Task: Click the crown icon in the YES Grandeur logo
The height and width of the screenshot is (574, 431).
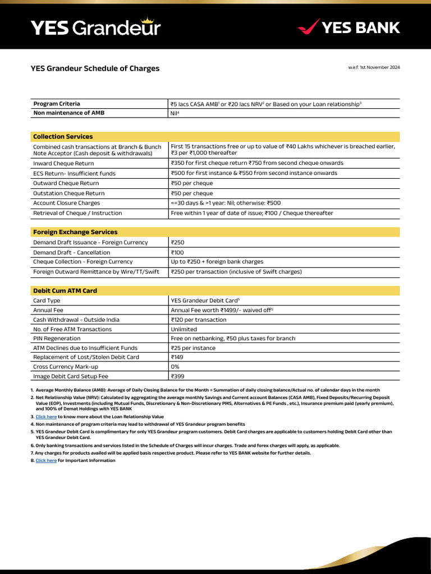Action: tap(148, 20)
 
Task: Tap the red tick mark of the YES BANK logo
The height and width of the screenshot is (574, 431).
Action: tap(308, 27)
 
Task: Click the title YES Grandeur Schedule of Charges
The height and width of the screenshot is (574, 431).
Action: tap(95, 68)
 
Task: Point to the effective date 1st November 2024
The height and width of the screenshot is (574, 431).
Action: tap(374, 67)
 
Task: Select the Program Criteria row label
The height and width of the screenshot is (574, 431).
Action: tap(57, 104)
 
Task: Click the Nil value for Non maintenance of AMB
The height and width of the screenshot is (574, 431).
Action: tap(175, 113)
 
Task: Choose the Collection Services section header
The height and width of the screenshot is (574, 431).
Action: tap(63, 137)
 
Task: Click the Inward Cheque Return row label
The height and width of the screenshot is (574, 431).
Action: tap(63, 163)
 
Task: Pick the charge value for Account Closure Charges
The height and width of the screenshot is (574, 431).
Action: tap(226, 203)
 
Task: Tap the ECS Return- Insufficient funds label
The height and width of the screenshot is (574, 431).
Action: tap(74, 173)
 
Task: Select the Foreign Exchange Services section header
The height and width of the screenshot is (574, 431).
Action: tap(75, 232)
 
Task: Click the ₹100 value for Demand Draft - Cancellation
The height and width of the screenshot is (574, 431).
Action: tap(177, 252)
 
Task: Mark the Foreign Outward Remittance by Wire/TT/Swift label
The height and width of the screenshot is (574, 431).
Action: tap(96, 272)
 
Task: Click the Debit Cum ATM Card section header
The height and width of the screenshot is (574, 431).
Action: tap(65, 291)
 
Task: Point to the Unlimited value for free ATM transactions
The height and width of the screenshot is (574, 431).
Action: tap(184, 329)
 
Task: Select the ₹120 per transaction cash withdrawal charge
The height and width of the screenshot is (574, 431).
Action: tap(198, 320)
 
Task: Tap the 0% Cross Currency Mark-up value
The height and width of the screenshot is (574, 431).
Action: tap(175, 367)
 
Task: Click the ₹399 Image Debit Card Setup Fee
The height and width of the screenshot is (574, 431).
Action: tap(177, 377)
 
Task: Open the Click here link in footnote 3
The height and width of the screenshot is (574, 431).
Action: tap(46, 417)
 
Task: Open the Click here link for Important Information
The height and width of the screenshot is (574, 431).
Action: tap(46, 460)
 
